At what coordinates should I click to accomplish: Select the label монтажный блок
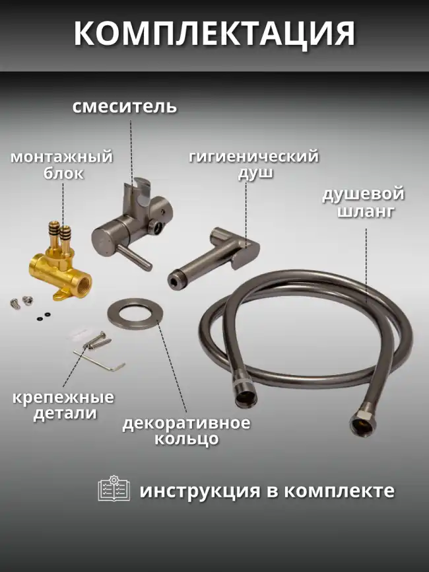pyautogui.click(x=61, y=165)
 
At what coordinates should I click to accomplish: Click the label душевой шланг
pyautogui.click(x=362, y=202)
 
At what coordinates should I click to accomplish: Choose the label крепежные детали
pyautogui.click(x=63, y=406)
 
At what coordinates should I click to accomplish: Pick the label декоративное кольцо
pyautogui.click(x=186, y=431)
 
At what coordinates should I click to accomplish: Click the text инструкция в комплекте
pyautogui.click(x=267, y=491)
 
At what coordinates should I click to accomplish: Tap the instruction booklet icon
pyautogui.click(x=114, y=489)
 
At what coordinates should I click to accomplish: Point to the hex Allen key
pyautogui.click(x=99, y=357)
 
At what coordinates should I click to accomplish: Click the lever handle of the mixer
pyautogui.click(x=139, y=257)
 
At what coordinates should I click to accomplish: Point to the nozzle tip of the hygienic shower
pyautogui.click(x=174, y=280)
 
